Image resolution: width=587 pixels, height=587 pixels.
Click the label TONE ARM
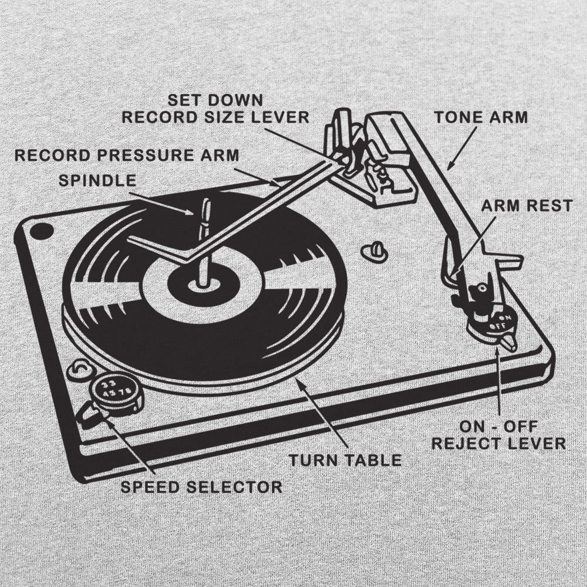[x=481, y=117]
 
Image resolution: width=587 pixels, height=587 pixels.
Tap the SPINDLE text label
[x=97, y=180]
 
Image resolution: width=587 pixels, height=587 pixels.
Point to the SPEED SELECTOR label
[x=201, y=487]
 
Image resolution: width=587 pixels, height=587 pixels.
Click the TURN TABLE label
[x=345, y=460]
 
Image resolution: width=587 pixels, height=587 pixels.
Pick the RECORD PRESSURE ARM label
[x=127, y=156]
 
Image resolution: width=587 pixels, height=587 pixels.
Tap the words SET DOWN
[x=215, y=99]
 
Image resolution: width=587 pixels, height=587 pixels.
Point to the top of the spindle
[x=205, y=203]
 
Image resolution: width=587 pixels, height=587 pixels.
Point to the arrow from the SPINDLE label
[x=164, y=202]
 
